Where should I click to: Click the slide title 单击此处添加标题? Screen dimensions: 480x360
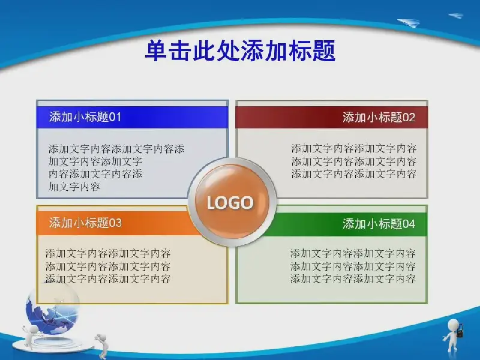pyautogui.click(x=241, y=51)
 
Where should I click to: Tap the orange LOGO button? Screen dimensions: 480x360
pyautogui.click(x=232, y=202)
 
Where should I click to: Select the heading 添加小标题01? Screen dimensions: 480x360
pyautogui.click(x=85, y=117)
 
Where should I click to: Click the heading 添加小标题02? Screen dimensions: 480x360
pyautogui.click(x=379, y=117)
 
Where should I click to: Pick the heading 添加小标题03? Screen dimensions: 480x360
pyautogui.click(x=85, y=223)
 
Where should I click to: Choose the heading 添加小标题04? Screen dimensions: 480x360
pyautogui.click(x=379, y=224)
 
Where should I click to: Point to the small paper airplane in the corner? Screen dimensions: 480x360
pyautogui.click(x=455, y=16)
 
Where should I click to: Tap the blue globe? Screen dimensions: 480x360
pyautogui.click(x=52, y=309)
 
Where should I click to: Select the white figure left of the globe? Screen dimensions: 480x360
pyautogui.click(x=31, y=336)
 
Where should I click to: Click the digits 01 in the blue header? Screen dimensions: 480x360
pyautogui.click(x=115, y=117)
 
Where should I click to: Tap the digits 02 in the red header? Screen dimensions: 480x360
pyautogui.click(x=409, y=117)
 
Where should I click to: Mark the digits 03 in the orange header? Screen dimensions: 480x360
pyautogui.click(x=115, y=223)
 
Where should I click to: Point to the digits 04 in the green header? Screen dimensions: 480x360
pyautogui.click(x=409, y=224)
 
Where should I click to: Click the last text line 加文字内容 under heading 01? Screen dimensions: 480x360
pyautogui.click(x=74, y=187)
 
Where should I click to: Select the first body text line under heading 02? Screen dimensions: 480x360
pyautogui.click(x=354, y=148)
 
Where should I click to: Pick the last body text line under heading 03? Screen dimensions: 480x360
pyautogui.click(x=108, y=279)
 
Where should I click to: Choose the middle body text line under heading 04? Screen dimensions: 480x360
pyautogui.click(x=353, y=266)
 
